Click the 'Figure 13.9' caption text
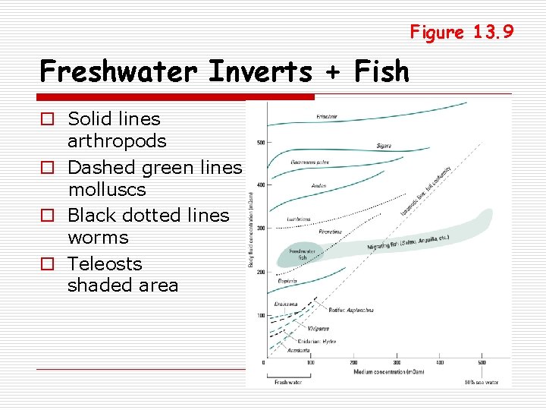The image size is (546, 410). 462,32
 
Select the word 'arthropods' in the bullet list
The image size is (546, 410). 117,141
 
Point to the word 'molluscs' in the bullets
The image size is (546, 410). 106,189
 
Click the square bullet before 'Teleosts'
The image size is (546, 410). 47,264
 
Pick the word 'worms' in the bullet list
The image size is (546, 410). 98,237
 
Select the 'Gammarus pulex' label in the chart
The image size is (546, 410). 309,162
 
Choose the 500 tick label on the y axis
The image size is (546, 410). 260,143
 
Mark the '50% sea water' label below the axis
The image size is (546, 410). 482,382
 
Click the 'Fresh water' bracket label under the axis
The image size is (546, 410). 287,382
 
